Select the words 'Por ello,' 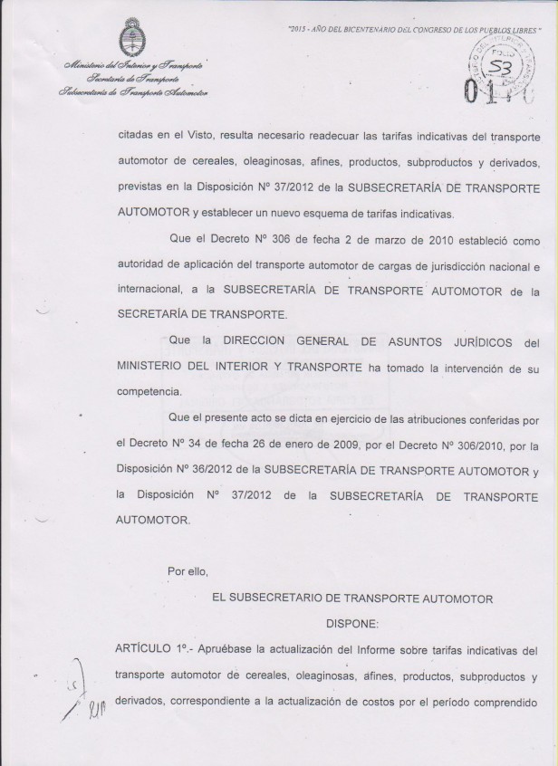click(188, 571)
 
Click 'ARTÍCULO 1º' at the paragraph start click(150, 650)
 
